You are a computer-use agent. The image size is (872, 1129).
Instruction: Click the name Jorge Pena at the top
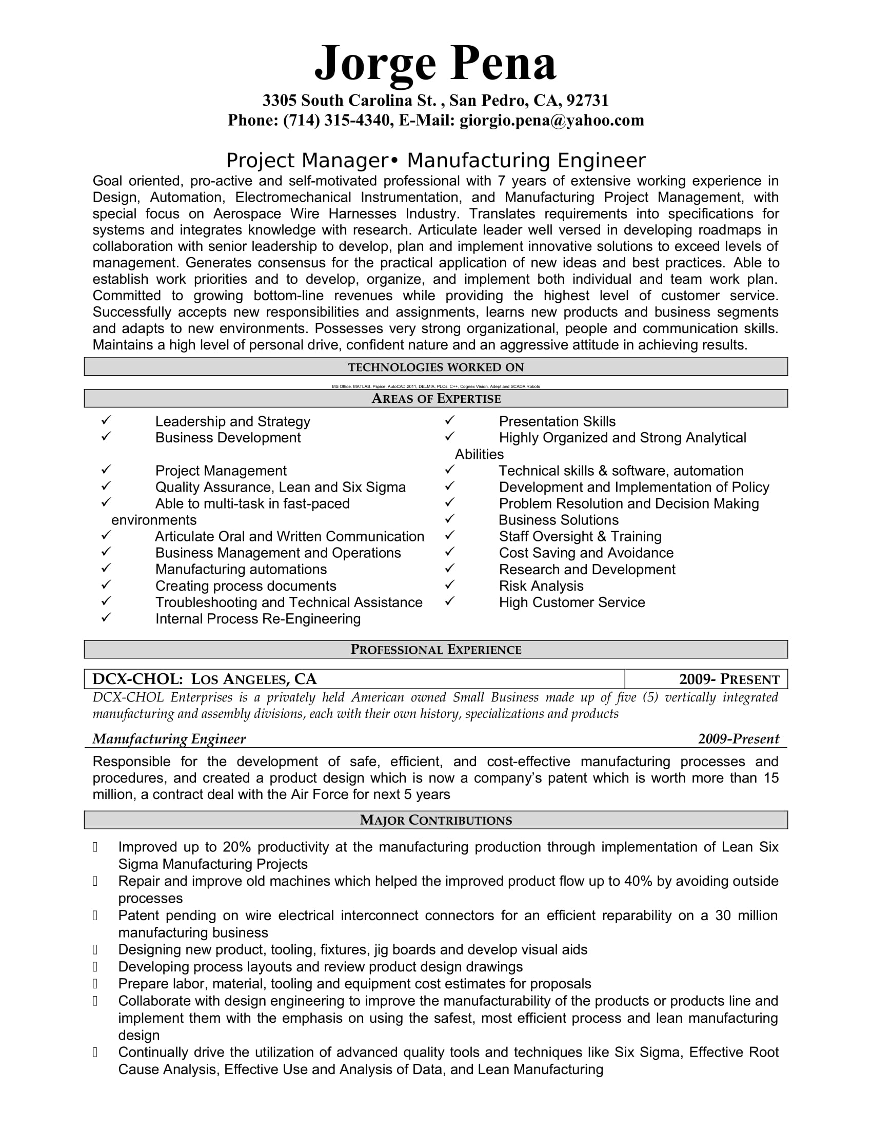coord(435,63)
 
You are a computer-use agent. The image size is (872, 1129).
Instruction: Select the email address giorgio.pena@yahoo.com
coord(552,121)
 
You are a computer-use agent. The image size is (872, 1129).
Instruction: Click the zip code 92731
coord(587,100)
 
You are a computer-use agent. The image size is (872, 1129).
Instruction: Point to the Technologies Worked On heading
coord(435,367)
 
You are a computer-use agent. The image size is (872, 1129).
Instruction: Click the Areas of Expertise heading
coord(435,399)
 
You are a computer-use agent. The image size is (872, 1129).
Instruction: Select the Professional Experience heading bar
coord(435,649)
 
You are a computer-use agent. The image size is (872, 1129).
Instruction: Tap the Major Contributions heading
coord(435,820)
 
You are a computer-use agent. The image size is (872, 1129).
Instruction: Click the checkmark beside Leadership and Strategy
coord(106,420)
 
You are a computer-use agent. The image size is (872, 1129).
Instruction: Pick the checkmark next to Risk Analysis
coord(449,585)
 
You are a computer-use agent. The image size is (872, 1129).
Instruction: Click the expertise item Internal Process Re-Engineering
coord(258,619)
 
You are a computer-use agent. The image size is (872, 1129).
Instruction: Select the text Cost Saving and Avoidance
coord(586,553)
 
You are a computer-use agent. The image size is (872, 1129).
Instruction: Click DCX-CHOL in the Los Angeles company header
coord(137,679)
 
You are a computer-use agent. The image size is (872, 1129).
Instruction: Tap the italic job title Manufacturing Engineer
coord(169,738)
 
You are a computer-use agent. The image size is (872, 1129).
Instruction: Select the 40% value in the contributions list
coord(638,881)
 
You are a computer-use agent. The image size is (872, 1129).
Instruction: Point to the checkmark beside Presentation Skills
coord(449,420)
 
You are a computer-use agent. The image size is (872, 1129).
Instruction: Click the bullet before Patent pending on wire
coord(95,916)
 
